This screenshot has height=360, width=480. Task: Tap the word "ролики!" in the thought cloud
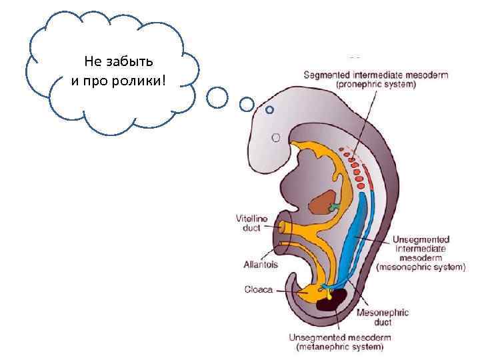click(x=143, y=81)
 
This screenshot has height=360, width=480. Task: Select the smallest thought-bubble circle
click(x=269, y=109)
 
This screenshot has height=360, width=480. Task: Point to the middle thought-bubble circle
click(x=247, y=104)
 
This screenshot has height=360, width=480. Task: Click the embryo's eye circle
click(x=276, y=138)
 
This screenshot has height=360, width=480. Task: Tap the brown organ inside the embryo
click(x=325, y=202)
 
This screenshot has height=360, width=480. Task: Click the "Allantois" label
click(x=261, y=264)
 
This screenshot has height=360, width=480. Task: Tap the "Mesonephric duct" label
click(x=382, y=317)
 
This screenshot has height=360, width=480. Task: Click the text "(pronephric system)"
click(x=377, y=85)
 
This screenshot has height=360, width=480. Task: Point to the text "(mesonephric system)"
click(x=421, y=267)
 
